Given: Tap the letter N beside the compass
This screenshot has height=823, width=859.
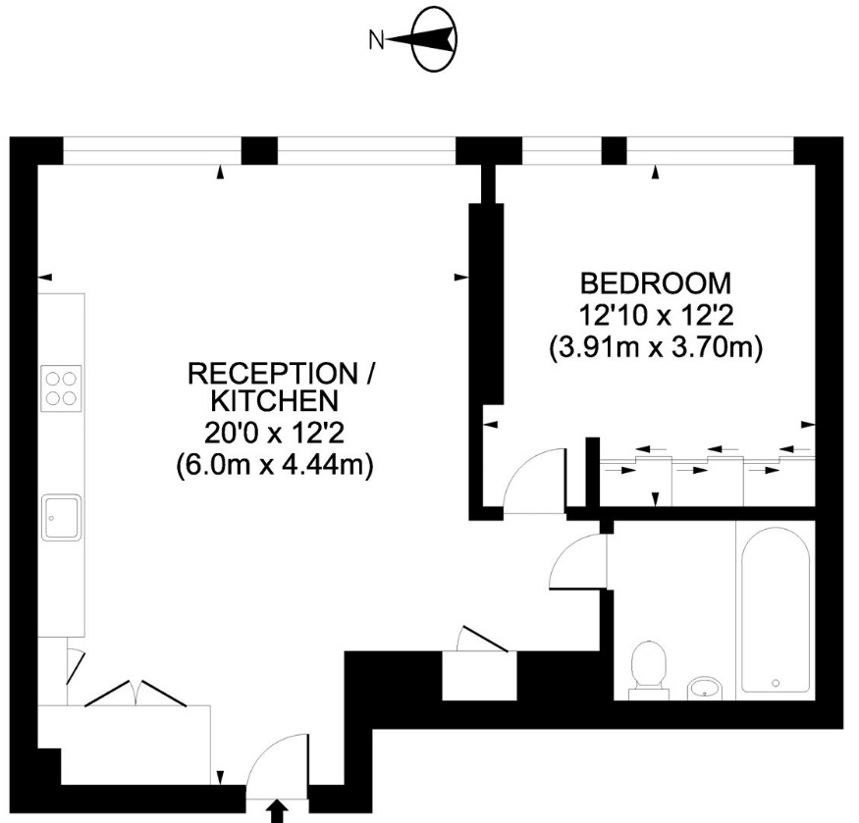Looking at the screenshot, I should [x=374, y=40].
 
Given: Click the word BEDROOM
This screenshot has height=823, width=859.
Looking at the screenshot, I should [x=656, y=283].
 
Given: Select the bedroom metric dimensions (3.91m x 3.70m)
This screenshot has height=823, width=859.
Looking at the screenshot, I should [x=656, y=347].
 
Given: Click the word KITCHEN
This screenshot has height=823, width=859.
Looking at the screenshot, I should [x=275, y=400].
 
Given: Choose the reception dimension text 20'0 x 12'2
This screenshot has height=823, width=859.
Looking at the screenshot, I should [x=275, y=432].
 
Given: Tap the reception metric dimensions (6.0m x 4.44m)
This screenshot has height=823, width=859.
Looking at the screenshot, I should [x=275, y=464].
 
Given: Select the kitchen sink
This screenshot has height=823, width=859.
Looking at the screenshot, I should [x=61, y=517].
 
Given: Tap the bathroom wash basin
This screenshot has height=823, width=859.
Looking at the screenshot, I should [x=703, y=688].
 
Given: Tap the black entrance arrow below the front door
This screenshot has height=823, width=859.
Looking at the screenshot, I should [x=277, y=811].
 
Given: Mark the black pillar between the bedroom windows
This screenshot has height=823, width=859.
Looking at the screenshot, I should [x=614, y=150].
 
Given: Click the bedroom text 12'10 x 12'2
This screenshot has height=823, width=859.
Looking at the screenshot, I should [x=656, y=316].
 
